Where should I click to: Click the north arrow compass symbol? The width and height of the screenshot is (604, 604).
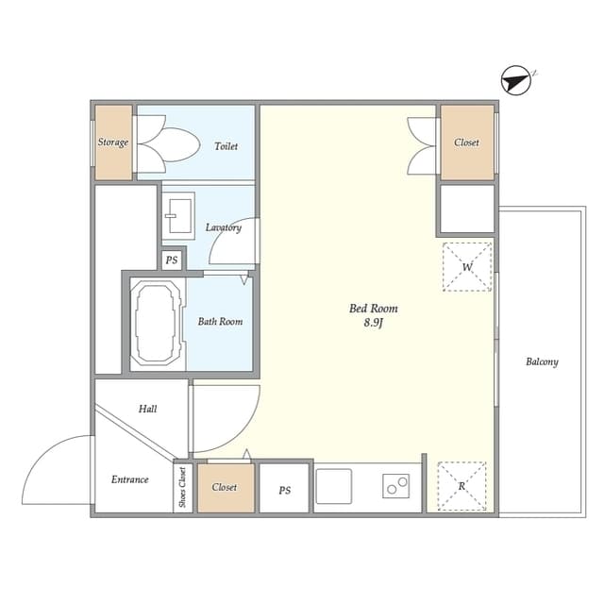pyautogui.click(x=515, y=80)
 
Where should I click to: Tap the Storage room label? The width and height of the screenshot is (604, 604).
pyautogui.click(x=113, y=143)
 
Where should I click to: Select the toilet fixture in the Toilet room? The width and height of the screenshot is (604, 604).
pyautogui.click(x=170, y=144)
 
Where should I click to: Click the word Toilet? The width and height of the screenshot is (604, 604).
pyautogui.click(x=226, y=146)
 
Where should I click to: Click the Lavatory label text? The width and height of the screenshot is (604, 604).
pyautogui.click(x=224, y=227)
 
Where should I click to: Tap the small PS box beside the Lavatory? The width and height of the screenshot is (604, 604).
pyautogui.click(x=172, y=260)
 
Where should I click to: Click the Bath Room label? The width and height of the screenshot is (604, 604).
pyautogui.click(x=220, y=322)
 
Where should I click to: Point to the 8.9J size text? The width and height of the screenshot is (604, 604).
pyautogui.click(x=374, y=324)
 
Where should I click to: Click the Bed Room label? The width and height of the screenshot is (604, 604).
pyautogui.click(x=374, y=309)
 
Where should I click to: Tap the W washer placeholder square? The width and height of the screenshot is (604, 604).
pyautogui.click(x=467, y=267)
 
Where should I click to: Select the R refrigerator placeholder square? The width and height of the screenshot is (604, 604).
pyautogui.click(x=462, y=486)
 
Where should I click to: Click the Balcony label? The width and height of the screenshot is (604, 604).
pyautogui.click(x=542, y=361)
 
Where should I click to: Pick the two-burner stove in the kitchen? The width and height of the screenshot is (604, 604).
pyautogui.click(x=395, y=487)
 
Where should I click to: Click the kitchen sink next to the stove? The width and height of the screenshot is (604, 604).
pyautogui.click(x=334, y=487)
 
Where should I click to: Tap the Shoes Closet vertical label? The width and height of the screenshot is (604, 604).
pyautogui.click(x=182, y=488)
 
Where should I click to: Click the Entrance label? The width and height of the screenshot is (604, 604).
pyautogui.click(x=130, y=479)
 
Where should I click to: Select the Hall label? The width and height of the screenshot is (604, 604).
pyautogui.click(x=148, y=409)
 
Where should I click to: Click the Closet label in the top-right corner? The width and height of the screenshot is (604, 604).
pyautogui.click(x=466, y=143)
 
